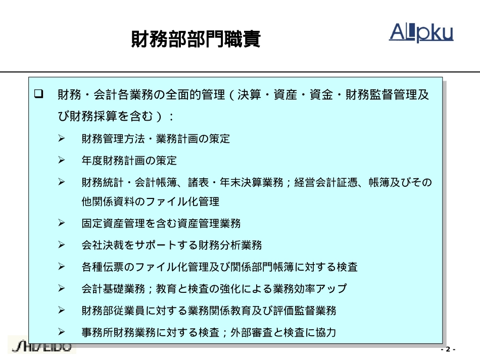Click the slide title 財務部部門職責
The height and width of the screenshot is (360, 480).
click(x=196, y=39)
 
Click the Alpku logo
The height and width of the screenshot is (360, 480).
click(x=421, y=32)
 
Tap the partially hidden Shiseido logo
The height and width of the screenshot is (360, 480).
click(x=42, y=346)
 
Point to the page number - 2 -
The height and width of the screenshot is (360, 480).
click(x=448, y=349)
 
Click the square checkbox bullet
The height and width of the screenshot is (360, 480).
click(x=38, y=93)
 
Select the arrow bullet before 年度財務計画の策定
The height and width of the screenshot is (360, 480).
click(x=62, y=160)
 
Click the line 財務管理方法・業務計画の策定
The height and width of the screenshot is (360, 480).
click(x=156, y=139)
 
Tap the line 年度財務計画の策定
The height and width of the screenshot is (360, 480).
click(x=129, y=161)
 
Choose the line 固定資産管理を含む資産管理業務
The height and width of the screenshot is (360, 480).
click(x=161, y=224)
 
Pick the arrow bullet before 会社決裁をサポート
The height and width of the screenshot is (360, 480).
click(x=62, y=245)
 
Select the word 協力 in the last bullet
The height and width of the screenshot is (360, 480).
click(x=326, y=332)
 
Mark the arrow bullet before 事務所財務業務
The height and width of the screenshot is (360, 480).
click(x=62, y=332)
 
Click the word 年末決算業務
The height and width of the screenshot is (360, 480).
click(x=251, y=183)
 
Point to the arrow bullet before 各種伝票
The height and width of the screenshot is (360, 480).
click(x=62, y=267)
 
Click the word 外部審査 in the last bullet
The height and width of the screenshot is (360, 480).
click(x=251, y=332)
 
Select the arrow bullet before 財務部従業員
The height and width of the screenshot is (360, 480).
click(x=62, y=310)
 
